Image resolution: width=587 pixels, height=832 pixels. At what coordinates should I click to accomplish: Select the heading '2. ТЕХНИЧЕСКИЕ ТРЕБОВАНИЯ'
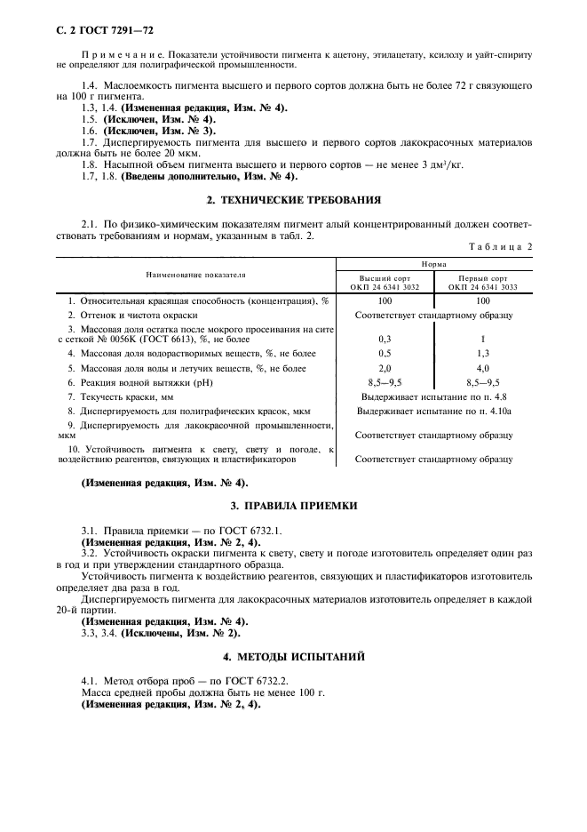[293, 200]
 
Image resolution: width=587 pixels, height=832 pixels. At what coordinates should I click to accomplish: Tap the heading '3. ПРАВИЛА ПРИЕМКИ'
[293, 505]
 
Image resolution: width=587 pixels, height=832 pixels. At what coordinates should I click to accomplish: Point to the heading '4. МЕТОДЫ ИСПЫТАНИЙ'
[293, 657]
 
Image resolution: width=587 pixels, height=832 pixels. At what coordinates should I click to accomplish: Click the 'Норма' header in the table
[433, 264]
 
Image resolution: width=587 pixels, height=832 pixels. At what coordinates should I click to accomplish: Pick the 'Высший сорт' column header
[385, 283]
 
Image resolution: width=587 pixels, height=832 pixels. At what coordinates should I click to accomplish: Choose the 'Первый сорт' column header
[483, 283]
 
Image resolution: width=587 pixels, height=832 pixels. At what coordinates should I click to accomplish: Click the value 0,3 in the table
[385, 339]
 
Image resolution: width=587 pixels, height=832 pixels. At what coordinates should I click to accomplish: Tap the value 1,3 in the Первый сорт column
[483, 353]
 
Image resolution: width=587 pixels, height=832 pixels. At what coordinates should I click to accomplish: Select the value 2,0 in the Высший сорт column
[385, 367]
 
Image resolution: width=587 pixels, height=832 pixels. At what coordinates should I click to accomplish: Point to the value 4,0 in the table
[483, 367]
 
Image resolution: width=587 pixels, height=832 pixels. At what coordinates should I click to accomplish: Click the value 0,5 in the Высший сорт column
[385, 353]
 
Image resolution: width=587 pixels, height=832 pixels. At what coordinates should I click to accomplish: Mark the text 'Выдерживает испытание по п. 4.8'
[433, 396]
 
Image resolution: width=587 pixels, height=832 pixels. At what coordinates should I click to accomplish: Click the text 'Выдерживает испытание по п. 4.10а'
[433, 411]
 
